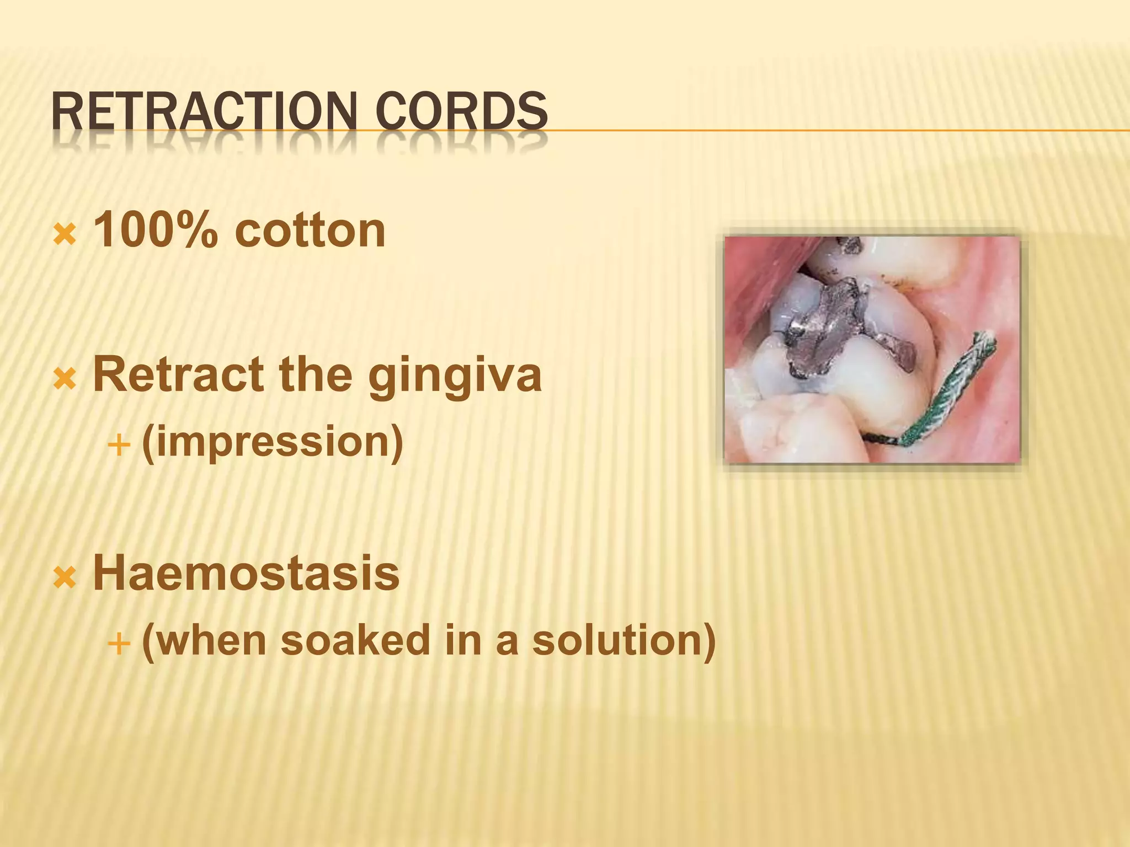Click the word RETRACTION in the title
click(x=202, y=112)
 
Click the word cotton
click(x=310, y=230)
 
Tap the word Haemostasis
click(x=246, y=573)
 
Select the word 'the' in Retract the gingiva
click(x=315, y=375)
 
